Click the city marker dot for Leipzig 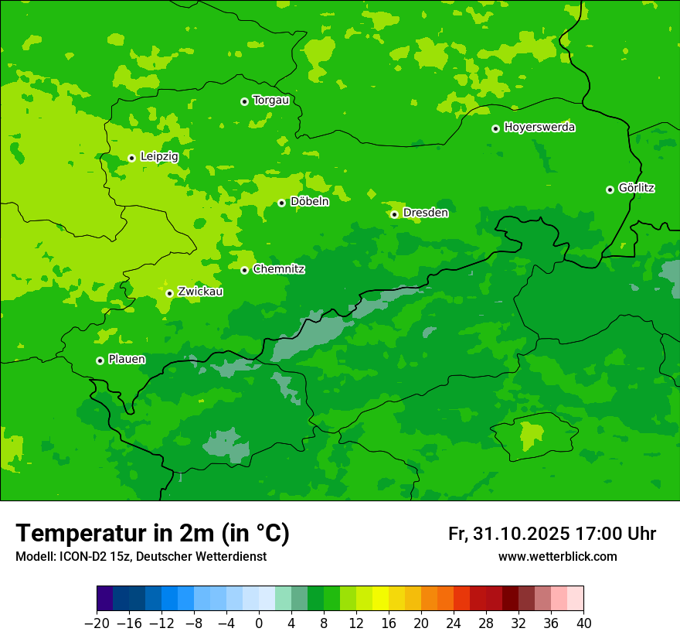click(131, 158)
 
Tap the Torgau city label click(270, 101)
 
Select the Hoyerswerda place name click(539, 128)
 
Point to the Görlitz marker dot click(610, 190)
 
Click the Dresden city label click(425, 213)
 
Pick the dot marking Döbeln click(281, 203)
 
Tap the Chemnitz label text click(278, 269)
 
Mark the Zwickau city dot click(169, 293)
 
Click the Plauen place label click(126, 360)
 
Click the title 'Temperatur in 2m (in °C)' click(152, 533)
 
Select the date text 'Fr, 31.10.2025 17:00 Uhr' click(552, 534)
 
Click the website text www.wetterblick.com click(557, 557)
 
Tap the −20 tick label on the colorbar click(97, 623)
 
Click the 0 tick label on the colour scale click(259, 623)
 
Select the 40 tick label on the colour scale click(583, 623)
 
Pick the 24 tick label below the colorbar click(454, 623)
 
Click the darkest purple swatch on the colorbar click(104, 599)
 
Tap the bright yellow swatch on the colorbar click(380, 599)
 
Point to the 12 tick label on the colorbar click(356, 623)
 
